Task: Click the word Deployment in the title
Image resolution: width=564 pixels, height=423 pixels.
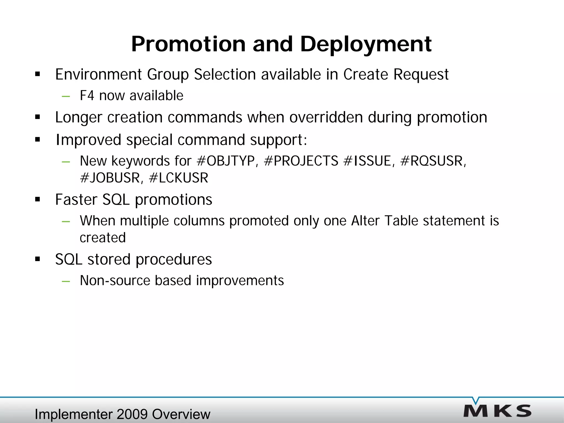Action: coord(366,44)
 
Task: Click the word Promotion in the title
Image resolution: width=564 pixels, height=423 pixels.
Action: coord(188,44)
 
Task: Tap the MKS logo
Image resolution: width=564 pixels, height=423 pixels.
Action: coord(497,411)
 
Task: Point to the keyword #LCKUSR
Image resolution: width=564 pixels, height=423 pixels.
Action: coord(178,178)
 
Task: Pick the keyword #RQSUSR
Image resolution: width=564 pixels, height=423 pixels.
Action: coord(433,161)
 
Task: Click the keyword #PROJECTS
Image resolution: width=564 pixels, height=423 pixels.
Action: coord(301,161)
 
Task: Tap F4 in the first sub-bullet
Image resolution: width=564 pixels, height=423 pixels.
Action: coord(87,96)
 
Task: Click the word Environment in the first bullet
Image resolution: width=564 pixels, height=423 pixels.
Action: coord(99,74)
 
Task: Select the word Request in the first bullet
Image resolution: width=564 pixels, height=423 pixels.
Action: coord(421,74)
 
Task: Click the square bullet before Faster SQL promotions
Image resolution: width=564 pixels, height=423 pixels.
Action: coord(38,199)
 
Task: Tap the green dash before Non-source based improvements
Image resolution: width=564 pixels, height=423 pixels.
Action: coord(66,281)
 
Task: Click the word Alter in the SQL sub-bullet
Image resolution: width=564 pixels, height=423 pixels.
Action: coord(365,221)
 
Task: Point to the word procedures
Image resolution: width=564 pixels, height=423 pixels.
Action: coord(173,259)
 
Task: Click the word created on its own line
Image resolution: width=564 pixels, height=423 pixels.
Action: coord(103,237)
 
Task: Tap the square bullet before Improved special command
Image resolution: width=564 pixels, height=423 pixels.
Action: coord(38,140)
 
